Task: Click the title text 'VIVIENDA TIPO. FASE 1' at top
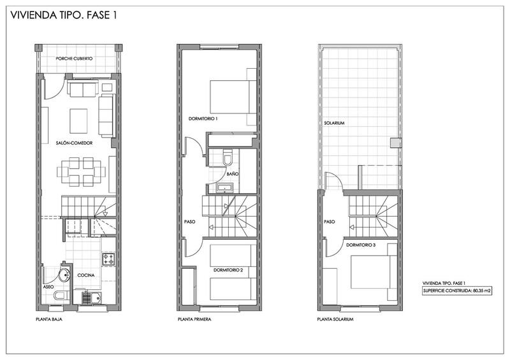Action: (63, 15)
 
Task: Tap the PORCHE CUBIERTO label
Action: (74, 59)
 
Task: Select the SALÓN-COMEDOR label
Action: (74, 143)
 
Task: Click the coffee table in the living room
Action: (78, 121)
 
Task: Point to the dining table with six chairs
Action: (82, 171)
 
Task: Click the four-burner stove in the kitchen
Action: (108, 259)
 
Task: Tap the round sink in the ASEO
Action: (65, 275)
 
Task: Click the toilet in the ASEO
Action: (61, 295)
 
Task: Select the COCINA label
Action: (86, 275)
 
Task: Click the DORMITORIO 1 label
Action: (203, 119)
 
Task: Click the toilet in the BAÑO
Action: (228, 157)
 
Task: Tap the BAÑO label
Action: (233, 174)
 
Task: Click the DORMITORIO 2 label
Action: (228, 270)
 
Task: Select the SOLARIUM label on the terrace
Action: (334, 123)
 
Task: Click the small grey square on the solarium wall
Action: (396, 143)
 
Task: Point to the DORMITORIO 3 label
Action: (361, 245)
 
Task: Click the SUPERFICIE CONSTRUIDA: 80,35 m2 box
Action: (456, 291)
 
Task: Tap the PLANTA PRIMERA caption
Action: (194, 319)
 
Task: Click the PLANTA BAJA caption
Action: (49, 319)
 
